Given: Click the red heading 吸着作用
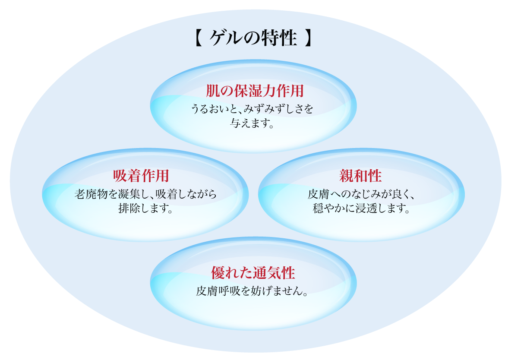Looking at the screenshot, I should coord(141,176).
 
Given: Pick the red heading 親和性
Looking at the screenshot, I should coord(360,176).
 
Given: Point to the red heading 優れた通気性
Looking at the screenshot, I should coord(253,273).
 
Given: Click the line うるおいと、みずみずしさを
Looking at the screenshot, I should coord(252,109).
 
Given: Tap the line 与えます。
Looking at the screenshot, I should coord(252,124).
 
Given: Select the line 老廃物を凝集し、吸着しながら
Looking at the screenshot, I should coord(145,194).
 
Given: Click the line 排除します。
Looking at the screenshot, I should coord(145,209).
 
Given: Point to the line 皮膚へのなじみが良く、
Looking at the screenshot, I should coord(361,194).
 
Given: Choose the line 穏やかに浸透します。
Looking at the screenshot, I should coord(361,209).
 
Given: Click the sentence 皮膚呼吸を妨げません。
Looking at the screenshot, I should coord(252,291).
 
